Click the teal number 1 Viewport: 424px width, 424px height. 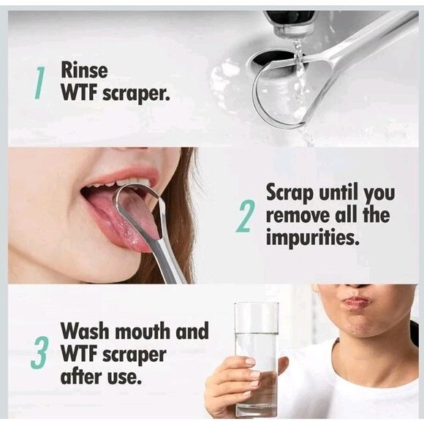point(40,82)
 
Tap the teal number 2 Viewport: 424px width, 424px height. point(246,216)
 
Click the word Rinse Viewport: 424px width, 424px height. point(84,70)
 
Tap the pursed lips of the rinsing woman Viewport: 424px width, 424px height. point(356,301)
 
